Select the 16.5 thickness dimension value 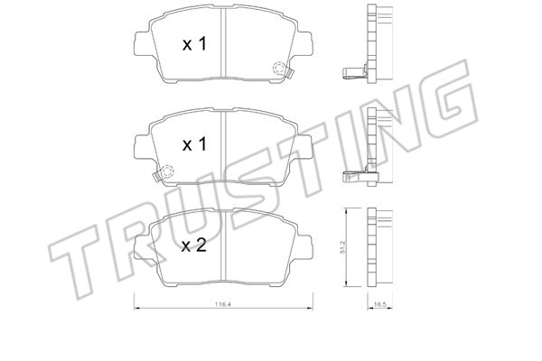pos(379,304)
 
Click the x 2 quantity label pos(194,245)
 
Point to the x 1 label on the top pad pos(194,44)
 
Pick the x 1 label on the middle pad pos(194,144)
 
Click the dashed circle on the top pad pos(278,68)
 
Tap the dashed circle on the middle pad pos(167,171)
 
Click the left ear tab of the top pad pos(143,43)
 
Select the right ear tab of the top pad pos(304,43)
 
